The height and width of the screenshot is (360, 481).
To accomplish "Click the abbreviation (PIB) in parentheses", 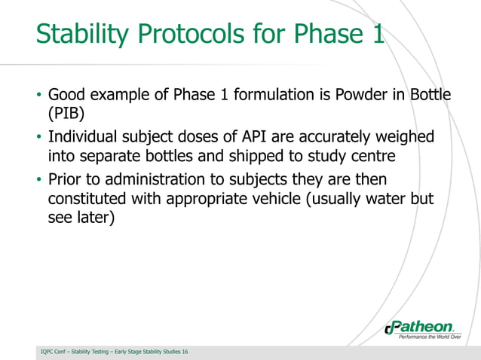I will (66, 114).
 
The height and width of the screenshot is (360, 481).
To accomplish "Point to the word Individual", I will (82, 138).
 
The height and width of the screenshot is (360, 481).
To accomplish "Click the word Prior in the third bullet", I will (65, 180).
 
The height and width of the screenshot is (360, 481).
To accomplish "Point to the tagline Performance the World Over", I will (429, 337).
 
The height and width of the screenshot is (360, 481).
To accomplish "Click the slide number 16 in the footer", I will (185, 352).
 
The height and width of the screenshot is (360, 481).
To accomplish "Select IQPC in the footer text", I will (48, 352).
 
